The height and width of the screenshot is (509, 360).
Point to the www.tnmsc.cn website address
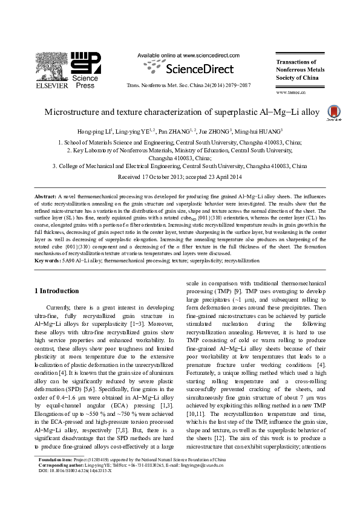290,92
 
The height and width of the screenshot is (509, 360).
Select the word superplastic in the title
231,112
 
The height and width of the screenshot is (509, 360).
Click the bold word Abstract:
46,198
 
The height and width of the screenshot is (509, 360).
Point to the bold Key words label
48,261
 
